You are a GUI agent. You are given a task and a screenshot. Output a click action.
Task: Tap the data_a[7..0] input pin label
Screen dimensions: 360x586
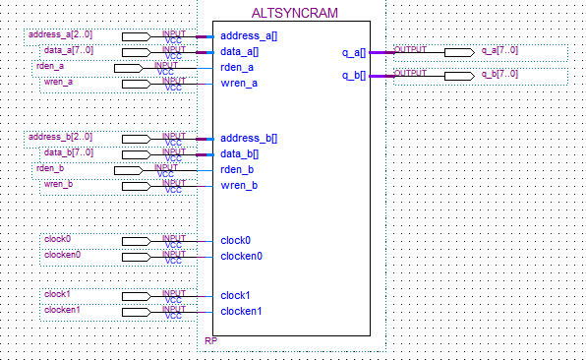point(68,50)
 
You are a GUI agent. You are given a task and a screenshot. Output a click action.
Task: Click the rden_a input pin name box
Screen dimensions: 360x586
point(51,66)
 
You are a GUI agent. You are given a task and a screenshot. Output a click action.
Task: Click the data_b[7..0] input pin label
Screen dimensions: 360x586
point(68,151)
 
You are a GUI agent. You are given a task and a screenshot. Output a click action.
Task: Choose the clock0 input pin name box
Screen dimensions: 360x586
point(58,239)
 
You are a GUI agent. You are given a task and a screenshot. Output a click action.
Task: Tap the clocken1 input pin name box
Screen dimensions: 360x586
point(62,310)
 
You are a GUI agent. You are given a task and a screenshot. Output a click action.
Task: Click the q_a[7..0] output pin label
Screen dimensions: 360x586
point(499,50)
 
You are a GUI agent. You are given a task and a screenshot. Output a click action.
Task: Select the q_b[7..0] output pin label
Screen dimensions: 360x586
point(499,74)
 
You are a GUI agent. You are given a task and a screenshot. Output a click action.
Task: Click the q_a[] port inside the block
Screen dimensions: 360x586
point(353,51)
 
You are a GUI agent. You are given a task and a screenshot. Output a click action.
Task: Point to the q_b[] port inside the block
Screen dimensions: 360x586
point(353,75)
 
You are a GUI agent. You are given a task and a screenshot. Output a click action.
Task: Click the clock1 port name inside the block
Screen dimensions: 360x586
point(235,295)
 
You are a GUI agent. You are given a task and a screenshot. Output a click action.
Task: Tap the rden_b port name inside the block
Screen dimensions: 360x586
point(239,169)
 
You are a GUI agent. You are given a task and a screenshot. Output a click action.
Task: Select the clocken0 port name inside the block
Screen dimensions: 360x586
point(242,256)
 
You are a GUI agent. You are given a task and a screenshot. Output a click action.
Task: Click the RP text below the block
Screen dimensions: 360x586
point(210,341)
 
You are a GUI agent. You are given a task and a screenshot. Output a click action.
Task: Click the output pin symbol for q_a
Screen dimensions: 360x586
point(457,52)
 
